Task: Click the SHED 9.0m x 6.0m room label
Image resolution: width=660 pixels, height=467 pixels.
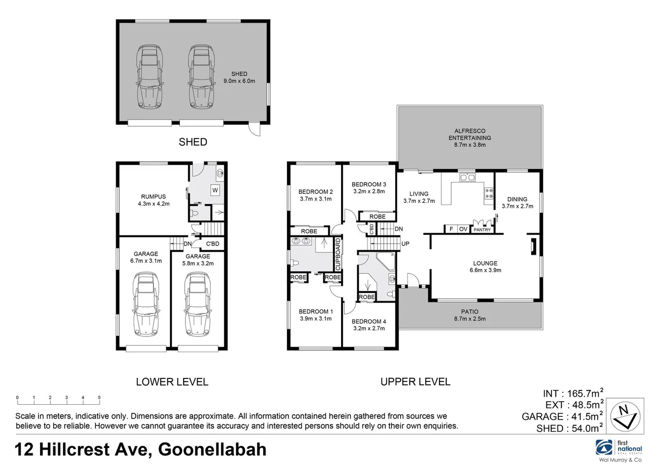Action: click(239, 77)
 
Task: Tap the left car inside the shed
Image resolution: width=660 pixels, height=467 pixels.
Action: click(150, 76)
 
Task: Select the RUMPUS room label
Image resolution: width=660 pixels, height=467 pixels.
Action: click(153, 200)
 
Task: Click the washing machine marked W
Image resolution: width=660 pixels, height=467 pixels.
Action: click(215, 190)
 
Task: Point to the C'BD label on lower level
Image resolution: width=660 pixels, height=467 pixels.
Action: click(212, 244)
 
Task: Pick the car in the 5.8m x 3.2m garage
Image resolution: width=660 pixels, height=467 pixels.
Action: click(198, 304)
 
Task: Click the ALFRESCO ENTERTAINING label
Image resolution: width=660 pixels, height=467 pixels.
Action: click(469, 138)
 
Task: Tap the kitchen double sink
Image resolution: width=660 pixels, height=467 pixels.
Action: click(467, 177)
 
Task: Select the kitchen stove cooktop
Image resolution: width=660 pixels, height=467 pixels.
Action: click(488, 193)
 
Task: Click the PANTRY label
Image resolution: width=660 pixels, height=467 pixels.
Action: click(482, 230)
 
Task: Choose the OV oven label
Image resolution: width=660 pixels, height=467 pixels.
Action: click(463, 229)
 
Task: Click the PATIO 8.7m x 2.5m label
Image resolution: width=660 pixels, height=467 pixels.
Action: click(469, 315)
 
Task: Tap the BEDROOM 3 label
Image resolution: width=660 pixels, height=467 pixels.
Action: click(369, 188)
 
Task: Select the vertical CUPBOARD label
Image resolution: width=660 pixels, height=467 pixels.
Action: click(338, 254)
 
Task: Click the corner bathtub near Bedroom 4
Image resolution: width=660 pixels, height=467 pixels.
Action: click(385, 261)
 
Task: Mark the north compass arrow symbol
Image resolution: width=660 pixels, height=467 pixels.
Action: click(625, 416)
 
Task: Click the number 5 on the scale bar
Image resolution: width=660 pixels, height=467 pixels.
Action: click(99, 397)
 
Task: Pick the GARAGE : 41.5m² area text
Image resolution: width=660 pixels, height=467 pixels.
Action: click(562, 416)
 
